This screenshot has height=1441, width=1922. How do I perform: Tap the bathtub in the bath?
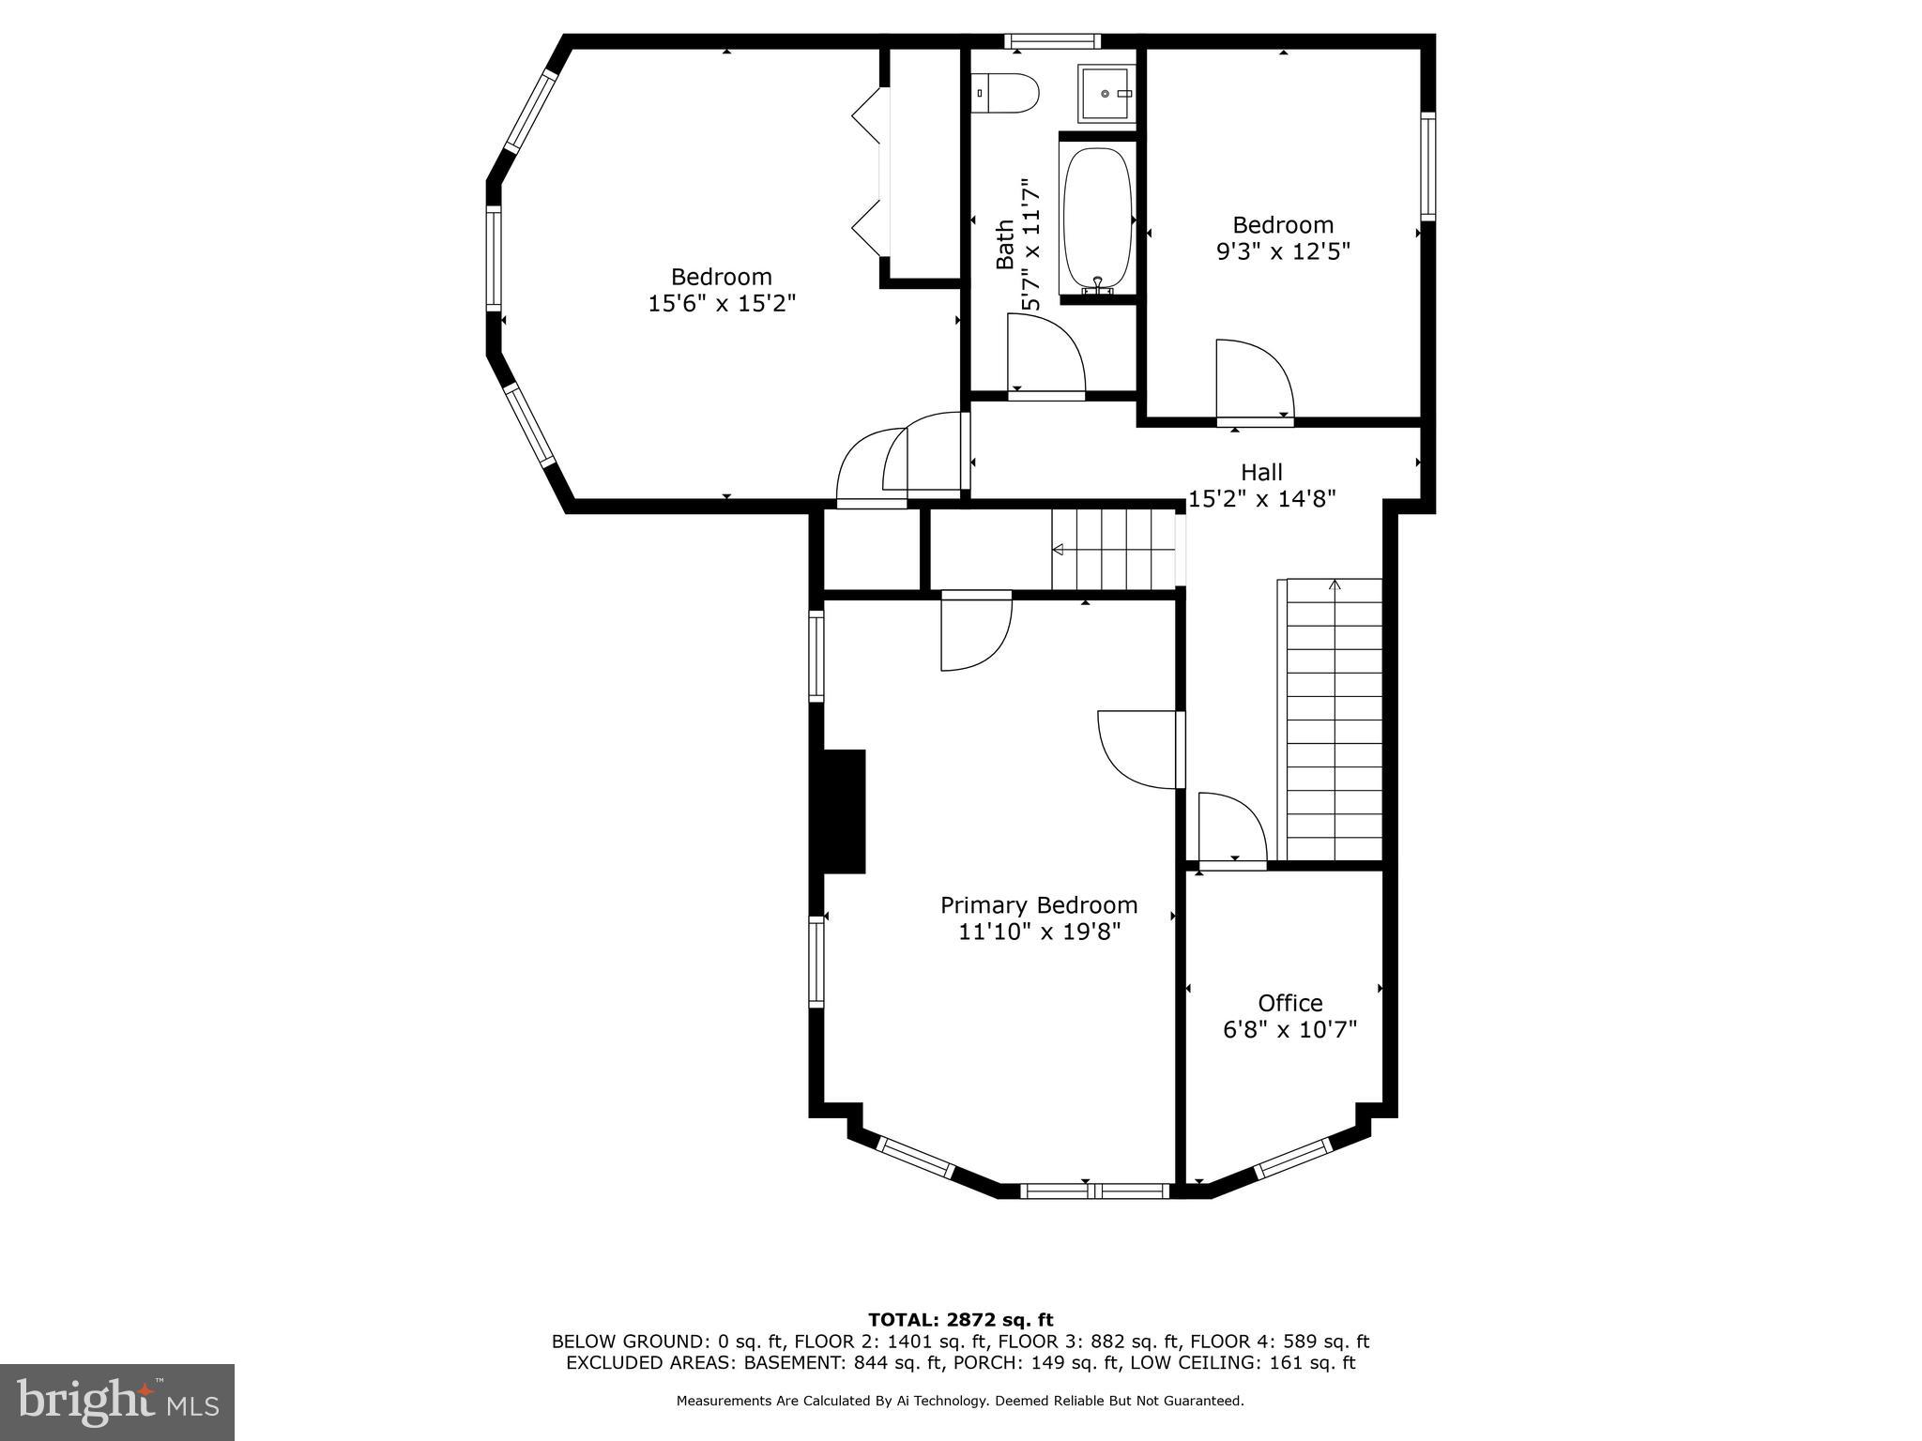pos(1096,219)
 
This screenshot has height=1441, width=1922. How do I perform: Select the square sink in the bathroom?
pos(1106,93)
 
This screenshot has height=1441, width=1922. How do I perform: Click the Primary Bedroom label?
pos(1038,905)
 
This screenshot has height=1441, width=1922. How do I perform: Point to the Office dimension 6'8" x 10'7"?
pos(1289,1030)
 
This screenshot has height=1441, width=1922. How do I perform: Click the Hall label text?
pos(1261,472)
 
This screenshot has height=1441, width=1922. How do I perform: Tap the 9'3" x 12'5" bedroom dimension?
pos(1283,251)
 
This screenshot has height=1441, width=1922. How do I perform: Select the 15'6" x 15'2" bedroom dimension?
pos(722,303)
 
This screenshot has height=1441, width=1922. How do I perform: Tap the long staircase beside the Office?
pos(1334,720)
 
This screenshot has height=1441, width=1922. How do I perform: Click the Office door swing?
pos(1231,827)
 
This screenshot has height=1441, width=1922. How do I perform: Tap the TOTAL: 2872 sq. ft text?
pos(960,1320)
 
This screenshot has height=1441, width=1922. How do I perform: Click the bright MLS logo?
pos(117,1402)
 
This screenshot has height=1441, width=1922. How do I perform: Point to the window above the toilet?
pos(1051,41)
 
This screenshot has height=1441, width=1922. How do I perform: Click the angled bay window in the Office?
pos(1293,1158)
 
